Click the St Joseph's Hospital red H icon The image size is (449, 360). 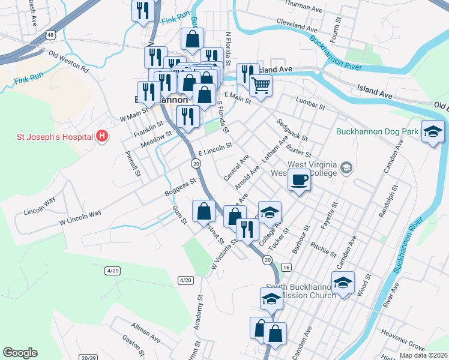point(101,136)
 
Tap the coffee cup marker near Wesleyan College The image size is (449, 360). point(299,179)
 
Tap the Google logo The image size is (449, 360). point(20,353)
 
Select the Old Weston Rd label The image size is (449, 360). point(68,62)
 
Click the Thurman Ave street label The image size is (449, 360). point(304,8)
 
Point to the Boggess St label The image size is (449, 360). point(180,187)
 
